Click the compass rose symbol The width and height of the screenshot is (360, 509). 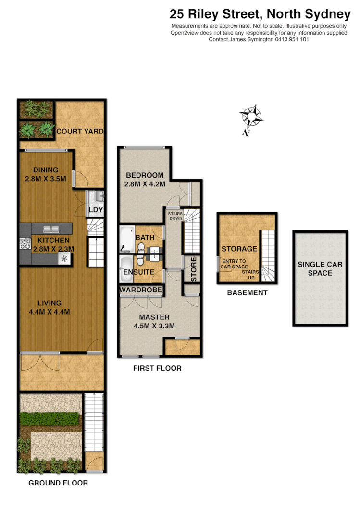click(251, 117)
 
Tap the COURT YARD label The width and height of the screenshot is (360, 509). click(80, 131)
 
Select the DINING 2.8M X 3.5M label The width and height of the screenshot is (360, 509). click(46, 174)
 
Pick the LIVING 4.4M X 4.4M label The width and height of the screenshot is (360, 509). click(49, 307)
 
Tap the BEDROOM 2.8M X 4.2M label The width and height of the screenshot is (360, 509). click(144, 179)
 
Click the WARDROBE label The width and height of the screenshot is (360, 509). click(140, 290)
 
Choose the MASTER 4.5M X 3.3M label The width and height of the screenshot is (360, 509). click(154, 321)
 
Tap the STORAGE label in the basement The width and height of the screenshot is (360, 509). click(239, 249)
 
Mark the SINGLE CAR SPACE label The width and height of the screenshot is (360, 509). click(320, 268)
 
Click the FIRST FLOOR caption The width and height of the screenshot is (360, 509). click(157, 369)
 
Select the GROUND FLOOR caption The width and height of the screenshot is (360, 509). click(58, 483)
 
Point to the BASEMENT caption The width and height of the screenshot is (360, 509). click(247, 292)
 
